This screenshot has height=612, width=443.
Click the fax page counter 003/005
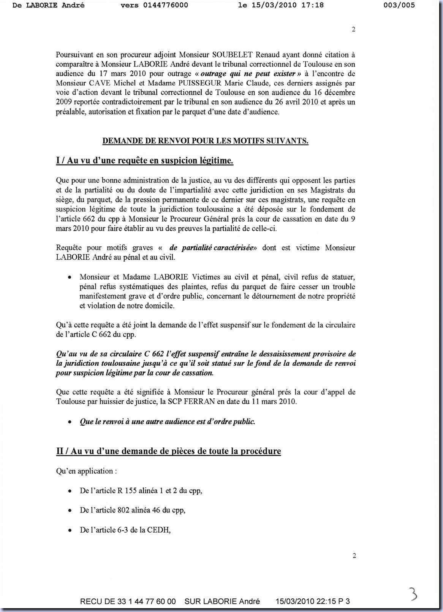tap(400, 5)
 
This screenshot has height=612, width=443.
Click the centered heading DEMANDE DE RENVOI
tap(205, 141)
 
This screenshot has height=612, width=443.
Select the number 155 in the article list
tap(131, 491)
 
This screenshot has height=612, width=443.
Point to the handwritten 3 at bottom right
tap(412, 594)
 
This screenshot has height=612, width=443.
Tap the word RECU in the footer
tap(92, 601)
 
